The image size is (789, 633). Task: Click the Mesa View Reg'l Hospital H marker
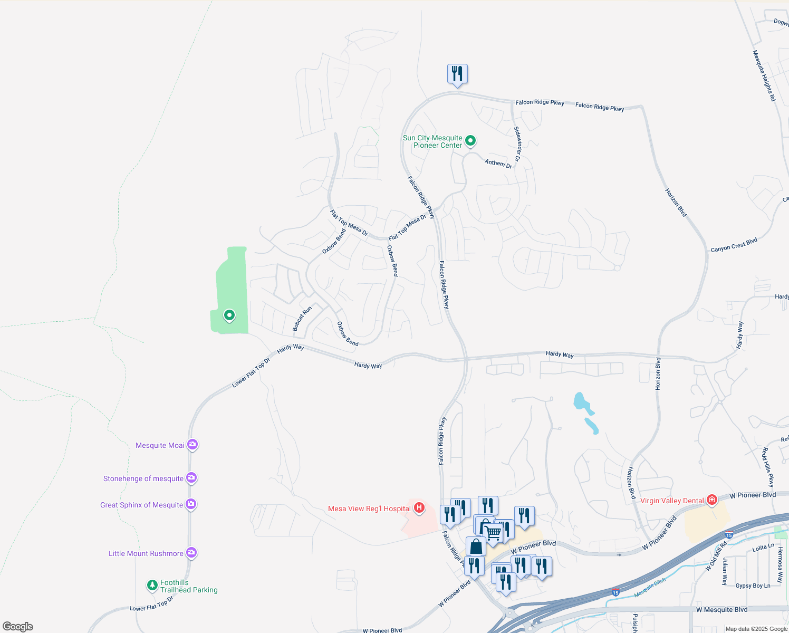coord(419,508)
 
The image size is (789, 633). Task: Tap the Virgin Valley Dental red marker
coord(712,500)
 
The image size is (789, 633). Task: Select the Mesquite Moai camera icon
coord(193,445)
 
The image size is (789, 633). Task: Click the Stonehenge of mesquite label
coord(143,478)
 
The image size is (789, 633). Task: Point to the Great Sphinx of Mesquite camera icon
coord(191,504)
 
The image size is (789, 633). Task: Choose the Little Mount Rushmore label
coord(146,553)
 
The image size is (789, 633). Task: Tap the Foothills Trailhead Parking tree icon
coord(152,585)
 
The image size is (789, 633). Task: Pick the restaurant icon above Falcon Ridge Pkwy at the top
coord(457,74)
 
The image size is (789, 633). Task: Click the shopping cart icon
coord(493,533)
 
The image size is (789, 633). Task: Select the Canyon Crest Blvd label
coord(734,245)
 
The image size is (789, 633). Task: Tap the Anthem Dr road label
coord(498,164)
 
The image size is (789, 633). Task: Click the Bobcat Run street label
coord(302,319)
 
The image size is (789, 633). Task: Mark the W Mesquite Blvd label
coord(721,610)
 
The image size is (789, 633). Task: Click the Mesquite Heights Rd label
coord(764,75)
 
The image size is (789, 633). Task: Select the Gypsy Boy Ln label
coord(753,586)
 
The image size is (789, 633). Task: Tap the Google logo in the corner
coord(18,626)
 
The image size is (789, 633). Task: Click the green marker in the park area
coord(229,315)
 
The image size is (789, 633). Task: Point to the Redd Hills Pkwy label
coord(767,467)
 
